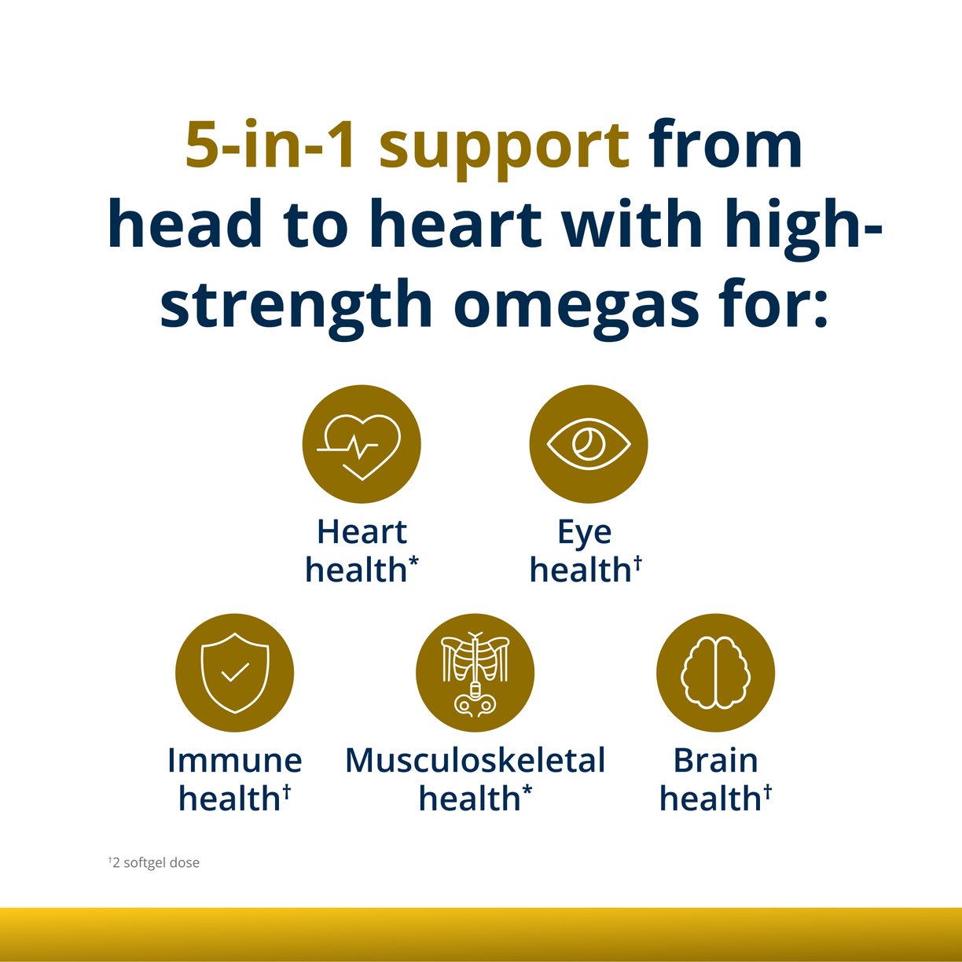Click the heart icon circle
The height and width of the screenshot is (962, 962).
362,444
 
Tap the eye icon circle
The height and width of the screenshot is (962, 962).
589,444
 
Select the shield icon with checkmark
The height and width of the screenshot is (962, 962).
234,673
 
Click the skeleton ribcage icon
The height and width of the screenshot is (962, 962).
475,673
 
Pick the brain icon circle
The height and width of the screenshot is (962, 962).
715,673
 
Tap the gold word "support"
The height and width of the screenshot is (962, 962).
504,148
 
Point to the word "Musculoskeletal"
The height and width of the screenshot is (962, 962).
475,760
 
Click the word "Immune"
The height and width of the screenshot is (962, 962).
234,760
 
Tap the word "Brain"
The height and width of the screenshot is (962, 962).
715,760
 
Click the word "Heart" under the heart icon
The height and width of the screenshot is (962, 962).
362,532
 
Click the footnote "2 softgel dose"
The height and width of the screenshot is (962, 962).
155,862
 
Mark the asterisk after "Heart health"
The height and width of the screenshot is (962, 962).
413,561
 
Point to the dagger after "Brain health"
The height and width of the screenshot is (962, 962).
767,790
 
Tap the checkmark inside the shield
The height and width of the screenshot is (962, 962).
234,672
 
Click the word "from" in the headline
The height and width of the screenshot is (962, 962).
725,145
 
